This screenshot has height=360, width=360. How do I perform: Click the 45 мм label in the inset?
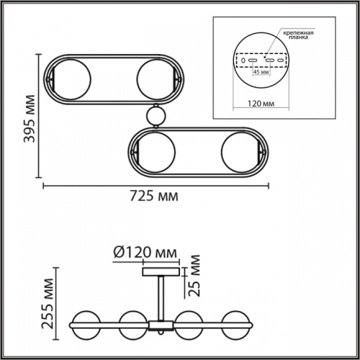coord(258,71)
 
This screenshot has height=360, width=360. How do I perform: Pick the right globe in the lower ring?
coord(237,152)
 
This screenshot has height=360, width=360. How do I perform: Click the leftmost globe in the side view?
coord(84,323)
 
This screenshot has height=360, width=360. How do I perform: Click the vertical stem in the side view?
coord(161,297)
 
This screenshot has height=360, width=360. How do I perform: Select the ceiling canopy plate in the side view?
coord(160,271)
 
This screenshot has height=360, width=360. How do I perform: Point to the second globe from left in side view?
coord(133,323)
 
